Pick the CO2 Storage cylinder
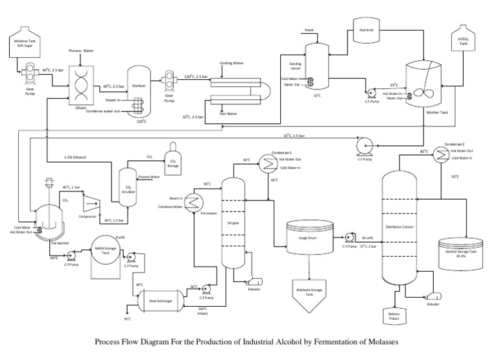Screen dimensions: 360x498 pos(172,156)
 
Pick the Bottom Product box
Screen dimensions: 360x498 pos(394,317)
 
